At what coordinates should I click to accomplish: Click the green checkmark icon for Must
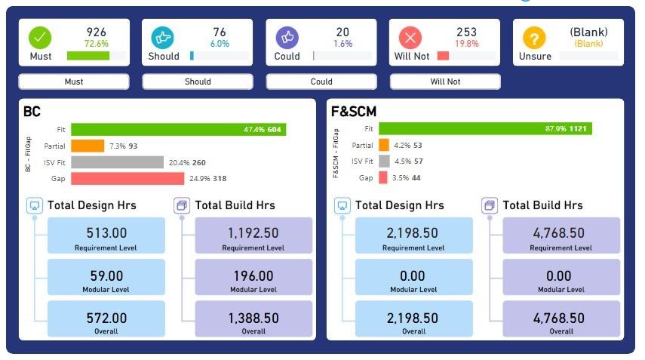[x=41, y=37]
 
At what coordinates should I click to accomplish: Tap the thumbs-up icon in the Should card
[x=164, y=37]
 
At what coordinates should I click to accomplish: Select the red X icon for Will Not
[x=410, y=37]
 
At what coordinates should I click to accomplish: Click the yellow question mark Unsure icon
[x=534, y=37]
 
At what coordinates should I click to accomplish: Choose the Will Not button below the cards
[x=445, y=82]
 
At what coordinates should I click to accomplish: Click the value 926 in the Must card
[x=96, y=32]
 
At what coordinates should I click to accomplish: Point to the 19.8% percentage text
[x=467, y=44]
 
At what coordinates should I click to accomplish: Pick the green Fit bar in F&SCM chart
[x=485, y=129]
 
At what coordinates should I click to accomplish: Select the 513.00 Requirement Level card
[x=106, y=236]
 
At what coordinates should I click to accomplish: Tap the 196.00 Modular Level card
[x=253, y=278]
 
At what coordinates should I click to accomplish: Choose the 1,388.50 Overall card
[x=253, y=319]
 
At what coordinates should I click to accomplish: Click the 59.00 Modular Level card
[x=106, y=278]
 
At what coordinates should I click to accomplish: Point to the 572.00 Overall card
[x=106, y=319]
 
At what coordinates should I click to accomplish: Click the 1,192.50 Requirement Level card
[x=253, y=236]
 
